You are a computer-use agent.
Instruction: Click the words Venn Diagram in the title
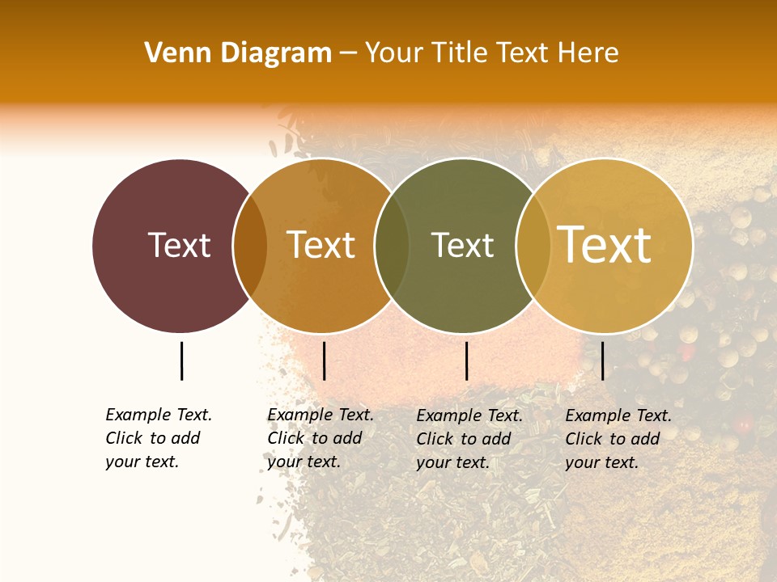click(x=238, y=53)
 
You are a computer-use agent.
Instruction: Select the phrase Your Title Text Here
click(x=491, y=53)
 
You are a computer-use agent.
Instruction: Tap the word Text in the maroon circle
click(x=179, y=245)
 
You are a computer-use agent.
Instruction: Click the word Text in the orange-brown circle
click(x=321, y=245)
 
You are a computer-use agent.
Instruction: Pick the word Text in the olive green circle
click(x=462, y=245)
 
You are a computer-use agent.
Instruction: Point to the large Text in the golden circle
click(x=605, y=244)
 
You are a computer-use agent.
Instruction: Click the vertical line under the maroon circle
click(x=181, y=361)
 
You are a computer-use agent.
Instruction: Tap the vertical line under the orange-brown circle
click(x=324, y=361)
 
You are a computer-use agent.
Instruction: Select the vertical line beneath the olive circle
click(x=466, y=361)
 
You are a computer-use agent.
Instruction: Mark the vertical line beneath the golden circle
click(x=603, y=361)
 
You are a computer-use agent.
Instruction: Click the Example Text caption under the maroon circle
click(x=158, y=438)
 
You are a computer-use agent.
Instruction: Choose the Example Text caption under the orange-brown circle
click(x=320, y=438)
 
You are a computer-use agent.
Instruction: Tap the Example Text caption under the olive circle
click(x=469, y=439)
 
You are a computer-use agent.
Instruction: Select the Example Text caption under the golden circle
click(x=618, y=439)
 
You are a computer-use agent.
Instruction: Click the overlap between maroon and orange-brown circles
click(x=250, y=246)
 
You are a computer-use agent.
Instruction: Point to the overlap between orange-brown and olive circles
click(x=392, y=246)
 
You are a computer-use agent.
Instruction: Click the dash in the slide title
click(x=348, y=54)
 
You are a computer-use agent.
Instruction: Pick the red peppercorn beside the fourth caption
click(x=742, y=424)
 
